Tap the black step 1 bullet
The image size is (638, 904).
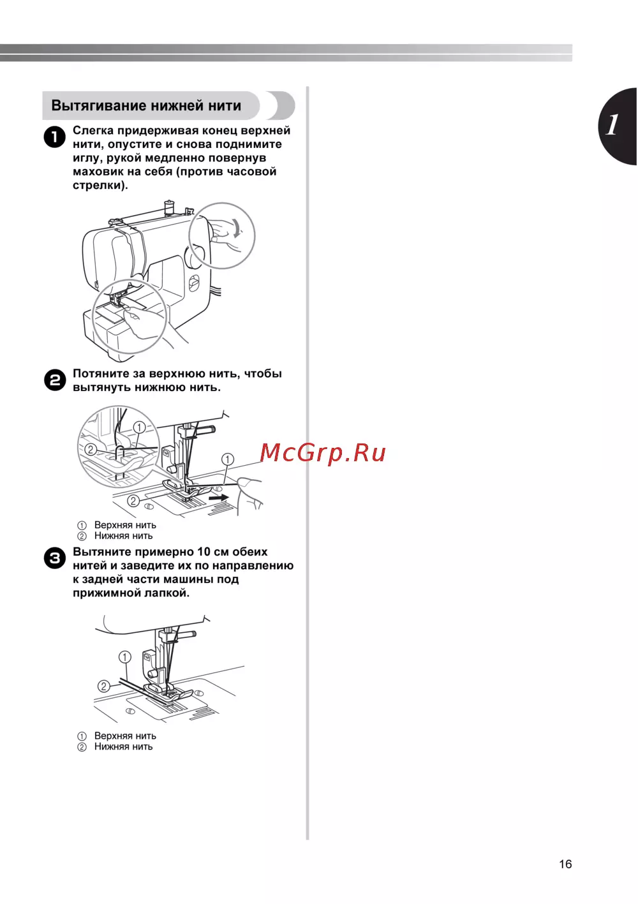click(x=54, y=137)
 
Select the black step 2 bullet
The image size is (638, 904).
click(x=54, y=380)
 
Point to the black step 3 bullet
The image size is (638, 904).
click(x=54, y=559)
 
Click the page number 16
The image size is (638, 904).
click(x=565, y=864)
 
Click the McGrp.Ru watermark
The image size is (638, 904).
click(x=323, y=453)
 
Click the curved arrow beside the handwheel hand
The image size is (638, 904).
click(x=237, y=228)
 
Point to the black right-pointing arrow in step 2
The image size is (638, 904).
click(x=219, y=498)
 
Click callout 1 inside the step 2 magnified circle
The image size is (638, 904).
click(x=139, y=427)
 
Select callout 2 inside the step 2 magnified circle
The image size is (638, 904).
click(x=91, y=449)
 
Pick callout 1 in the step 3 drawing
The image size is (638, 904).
click(x=125, y=657)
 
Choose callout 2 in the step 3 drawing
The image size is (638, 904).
click(x=104, y=686)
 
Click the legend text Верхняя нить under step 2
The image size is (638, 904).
click(x=125, y=525)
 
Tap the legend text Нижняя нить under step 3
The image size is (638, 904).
click(x=124, y=746)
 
